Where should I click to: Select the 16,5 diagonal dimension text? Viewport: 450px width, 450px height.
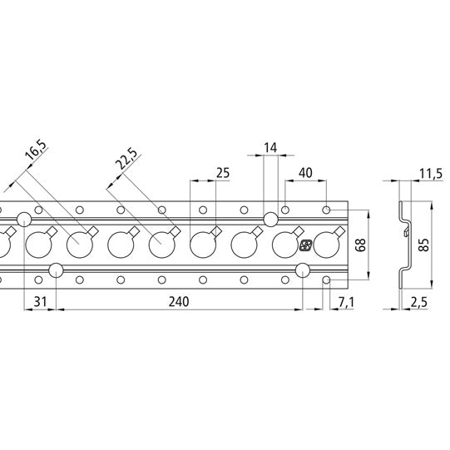pyautogui.click(x=36, y=155)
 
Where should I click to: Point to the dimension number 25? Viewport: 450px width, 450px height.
pyautogui.click(x=221, y=173)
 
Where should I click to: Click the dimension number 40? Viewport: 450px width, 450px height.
pyautogui.click(x=304, y=173)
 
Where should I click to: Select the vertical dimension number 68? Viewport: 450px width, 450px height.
pyautogui.click(x=360, y=245)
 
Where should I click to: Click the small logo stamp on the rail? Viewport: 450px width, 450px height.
pyautogui.click(x=305, y=245)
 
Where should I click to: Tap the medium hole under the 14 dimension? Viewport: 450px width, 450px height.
pyautogui.click(x=270, y=219)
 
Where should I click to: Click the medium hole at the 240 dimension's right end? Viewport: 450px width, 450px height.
pyautogui.click(x=302, y=270)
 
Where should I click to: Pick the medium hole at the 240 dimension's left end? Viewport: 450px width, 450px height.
pyautogui.click(x=57, y=270)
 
